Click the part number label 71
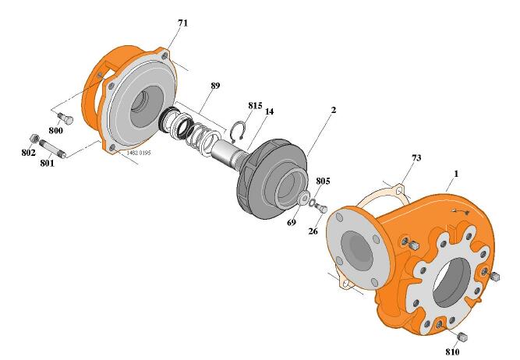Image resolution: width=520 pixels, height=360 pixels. coord(182,23)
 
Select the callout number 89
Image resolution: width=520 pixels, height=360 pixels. coord(215,85)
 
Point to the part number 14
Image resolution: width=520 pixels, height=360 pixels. coord(269,112)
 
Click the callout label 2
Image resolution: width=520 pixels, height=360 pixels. coord(333,111)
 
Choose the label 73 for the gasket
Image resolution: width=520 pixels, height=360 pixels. coord(416,158)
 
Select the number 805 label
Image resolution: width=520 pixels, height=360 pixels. coord(323,181)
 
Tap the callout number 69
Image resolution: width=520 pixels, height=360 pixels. coord(292,222)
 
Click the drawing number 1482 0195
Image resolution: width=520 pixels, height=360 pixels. coord(139,153)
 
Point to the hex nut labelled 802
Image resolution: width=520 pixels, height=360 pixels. coord(34,138)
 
